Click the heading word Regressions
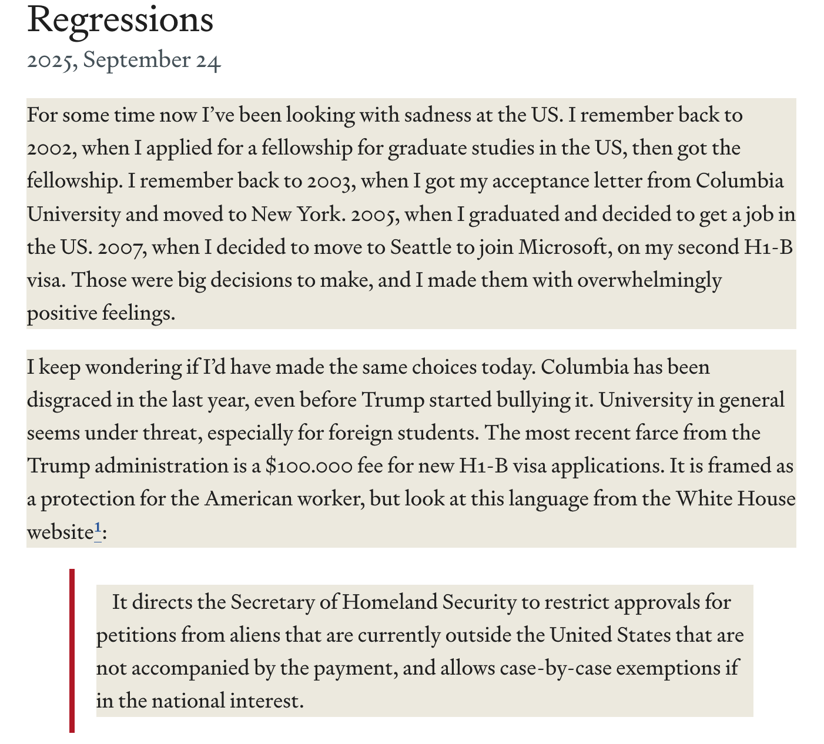pyautogui.click(x=120, y=20)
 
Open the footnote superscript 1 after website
pyautogui.click(x=98, y=528)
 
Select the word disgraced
pyautogui.click(x=69, y=400)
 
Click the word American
pyautogui.click(x=248, y=499)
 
